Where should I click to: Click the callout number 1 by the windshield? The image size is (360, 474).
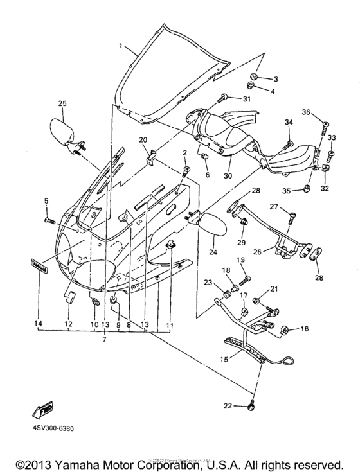(x=120, y=47)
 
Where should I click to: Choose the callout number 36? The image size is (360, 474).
(x=307, y=112)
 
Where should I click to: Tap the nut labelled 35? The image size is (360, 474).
(x=307, y=189)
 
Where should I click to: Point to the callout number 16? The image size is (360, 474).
(x=305, y=329)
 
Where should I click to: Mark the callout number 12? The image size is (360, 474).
(x=68, y=326)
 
